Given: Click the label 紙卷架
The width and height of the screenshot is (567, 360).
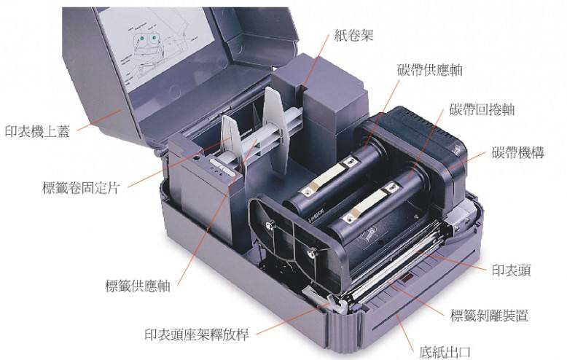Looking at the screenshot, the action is click(353, 36).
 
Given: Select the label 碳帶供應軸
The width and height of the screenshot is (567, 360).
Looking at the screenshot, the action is click(430, 69).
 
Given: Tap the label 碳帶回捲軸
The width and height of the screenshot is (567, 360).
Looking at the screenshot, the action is click(482, 109).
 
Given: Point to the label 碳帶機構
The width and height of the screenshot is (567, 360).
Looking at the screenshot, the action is click(518, 152).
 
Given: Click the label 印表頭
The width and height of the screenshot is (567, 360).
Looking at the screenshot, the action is click(512, 270).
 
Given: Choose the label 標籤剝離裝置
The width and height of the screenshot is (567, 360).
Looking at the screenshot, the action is click(489, 315).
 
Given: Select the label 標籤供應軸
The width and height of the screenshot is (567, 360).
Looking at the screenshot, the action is click(138, 286).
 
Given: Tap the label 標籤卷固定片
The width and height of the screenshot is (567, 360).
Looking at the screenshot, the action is click(81, 188).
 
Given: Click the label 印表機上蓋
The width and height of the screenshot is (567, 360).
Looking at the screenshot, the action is click(37, 131).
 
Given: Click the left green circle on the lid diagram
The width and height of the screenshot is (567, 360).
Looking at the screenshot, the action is click(141, 38).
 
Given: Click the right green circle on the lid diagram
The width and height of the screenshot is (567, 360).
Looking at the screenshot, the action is click(154, 37).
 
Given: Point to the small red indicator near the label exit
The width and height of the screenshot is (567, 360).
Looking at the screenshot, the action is click(406, 278).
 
